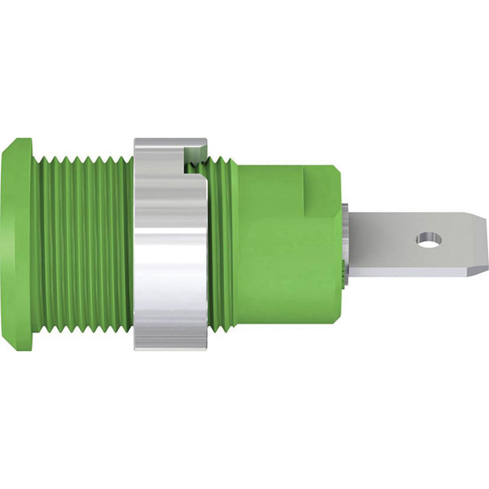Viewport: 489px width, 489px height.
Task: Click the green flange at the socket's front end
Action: pyautogui.click(x=20, y=244)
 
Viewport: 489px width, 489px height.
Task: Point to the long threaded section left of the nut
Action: pyautogui.click(x=81, y=244)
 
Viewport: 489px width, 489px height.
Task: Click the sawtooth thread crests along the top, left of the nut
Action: pyautogui.click(x=81, y=156)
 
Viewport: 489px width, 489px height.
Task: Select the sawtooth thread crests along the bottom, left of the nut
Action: pyautogui.click(x=81, y=333)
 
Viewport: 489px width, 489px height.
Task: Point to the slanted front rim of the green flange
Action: pyautogui.click(x=8, y=244)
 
